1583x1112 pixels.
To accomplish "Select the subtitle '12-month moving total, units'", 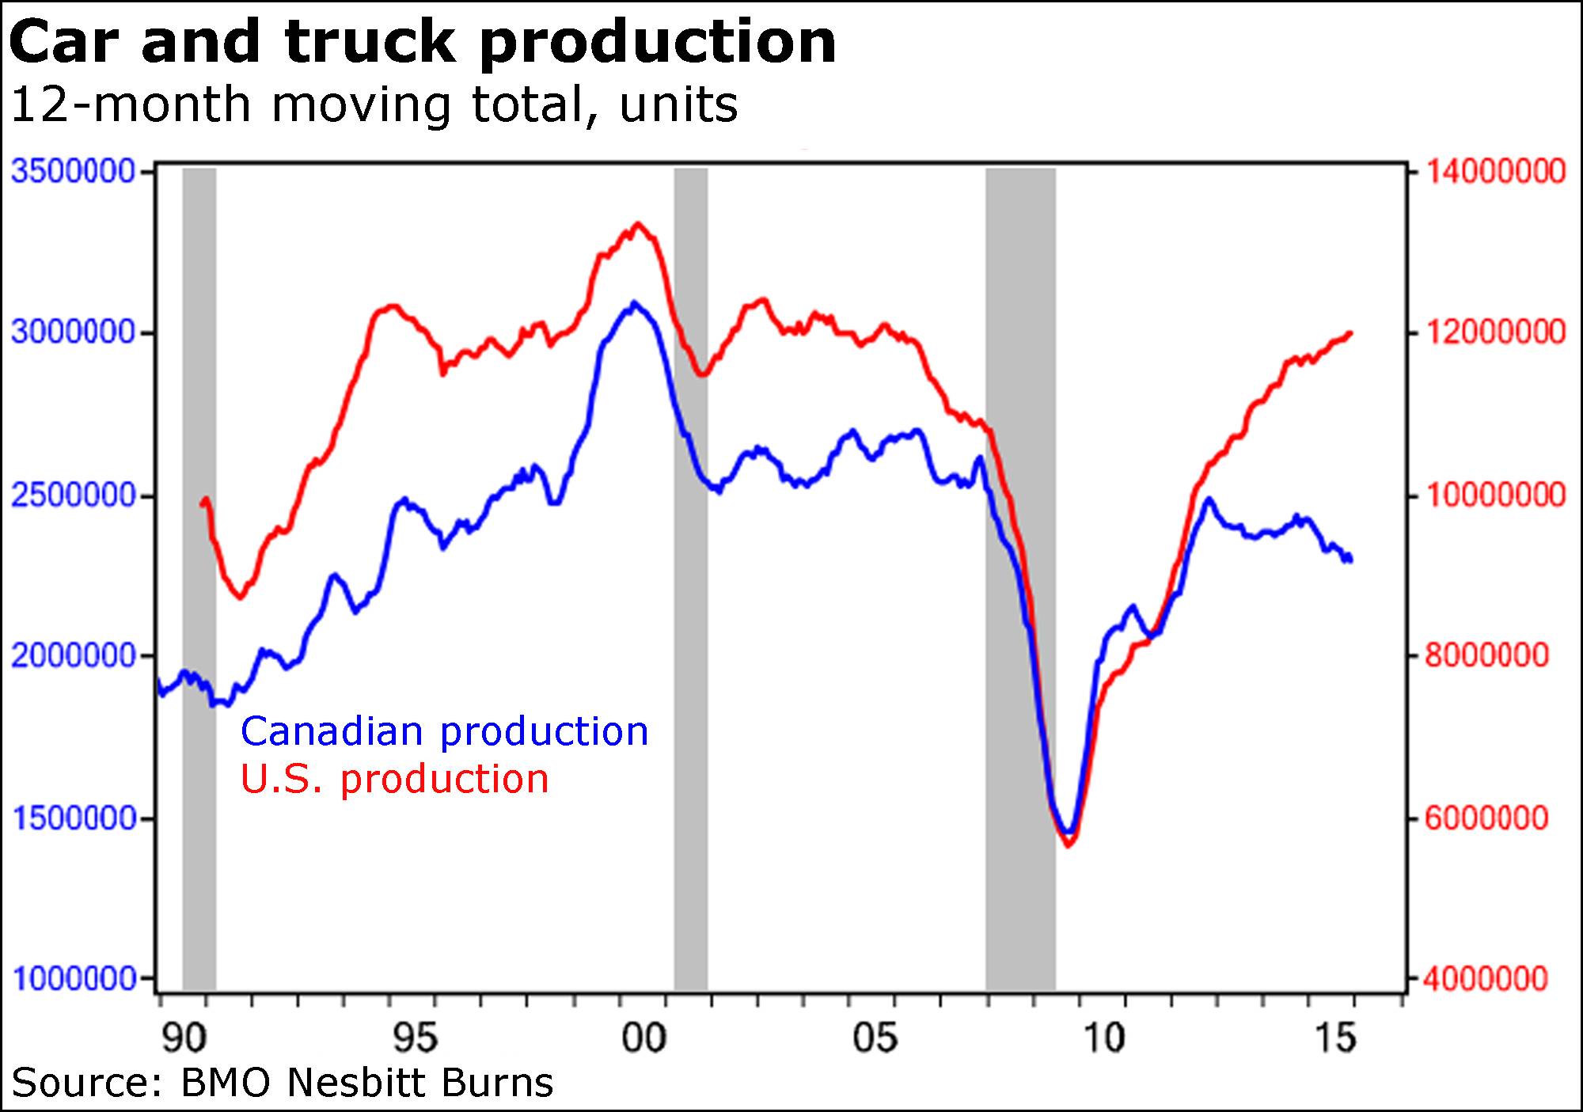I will [x=374, y=104].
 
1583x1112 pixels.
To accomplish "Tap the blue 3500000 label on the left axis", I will [x=74, y=171].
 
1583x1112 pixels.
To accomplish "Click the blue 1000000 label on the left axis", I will [x=74, y=979].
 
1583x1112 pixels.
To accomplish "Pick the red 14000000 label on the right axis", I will [x=1495, y=171].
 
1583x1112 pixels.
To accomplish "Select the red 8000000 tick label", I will [x=1486, y=655].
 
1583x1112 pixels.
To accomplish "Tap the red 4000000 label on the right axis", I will [x=1486, y=979].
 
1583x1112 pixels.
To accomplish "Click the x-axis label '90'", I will [x=184, y=1038].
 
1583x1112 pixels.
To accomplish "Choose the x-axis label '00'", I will [x=643, y=1038].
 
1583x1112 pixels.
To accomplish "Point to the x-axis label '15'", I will [x=1335, y=1038].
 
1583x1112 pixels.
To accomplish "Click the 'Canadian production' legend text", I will [x=444, y=731].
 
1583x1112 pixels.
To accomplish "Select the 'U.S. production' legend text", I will [x=394, y=779].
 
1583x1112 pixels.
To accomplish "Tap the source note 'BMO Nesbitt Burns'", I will [x=366, y=1082].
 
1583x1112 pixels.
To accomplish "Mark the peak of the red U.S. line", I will [x=638, y=225].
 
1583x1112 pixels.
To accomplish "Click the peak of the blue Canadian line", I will [x=633, y=303].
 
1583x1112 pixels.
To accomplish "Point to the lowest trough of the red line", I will [x=1069, y=845].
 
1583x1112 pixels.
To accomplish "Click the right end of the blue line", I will [x=1350, y=560].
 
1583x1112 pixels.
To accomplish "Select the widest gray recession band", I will [x=1020, y=578].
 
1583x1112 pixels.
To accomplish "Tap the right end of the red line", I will [x=1350, y=333].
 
